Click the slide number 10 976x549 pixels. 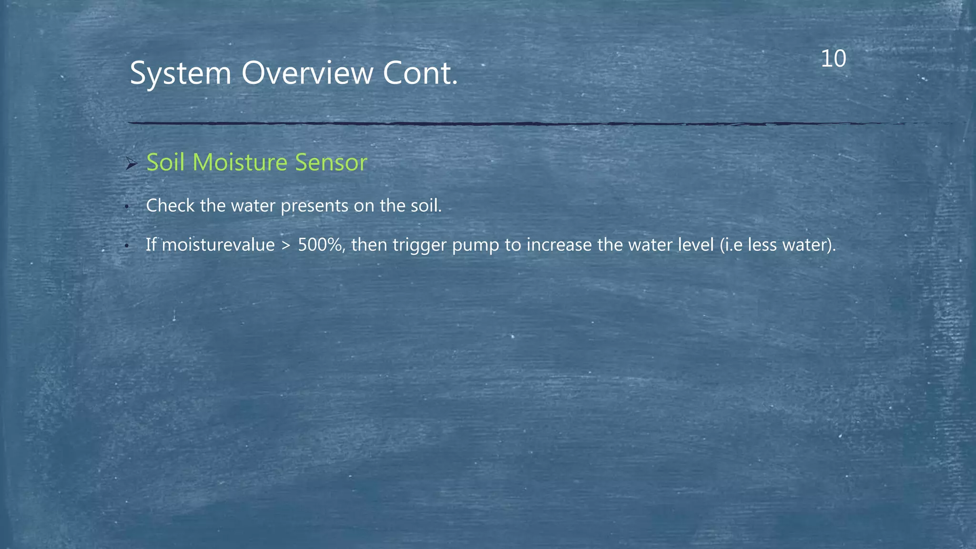pyautogui.click(x=834, y=59)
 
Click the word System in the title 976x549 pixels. pyautogui.click(x=180, y=74)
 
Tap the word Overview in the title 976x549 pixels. pyautogui.click(x=307, y=74)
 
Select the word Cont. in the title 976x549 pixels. pyautogui.click(x=420, y=74)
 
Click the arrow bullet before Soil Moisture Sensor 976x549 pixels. pyautogui.click(x=132, y=164)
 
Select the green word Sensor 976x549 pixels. pyautogui.click(x=331, y=163)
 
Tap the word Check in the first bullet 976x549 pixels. pyautogui.click(x=170, y=206)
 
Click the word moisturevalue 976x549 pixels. pyautogui.click(x=218, y=245)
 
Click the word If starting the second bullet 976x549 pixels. pyautogui.click(x=151, y=245)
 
